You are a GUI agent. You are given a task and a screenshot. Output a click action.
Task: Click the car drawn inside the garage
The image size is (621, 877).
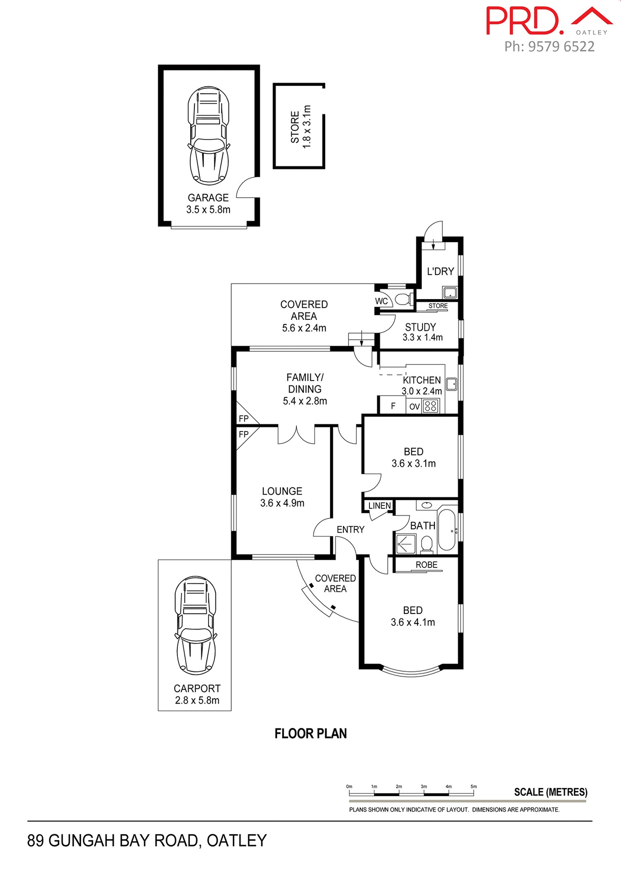[x=209, y=136]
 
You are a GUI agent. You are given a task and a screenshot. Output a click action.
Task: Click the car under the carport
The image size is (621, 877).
[x=196, y=625]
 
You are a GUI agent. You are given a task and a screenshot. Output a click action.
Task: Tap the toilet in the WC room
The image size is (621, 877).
[x=402, y=300]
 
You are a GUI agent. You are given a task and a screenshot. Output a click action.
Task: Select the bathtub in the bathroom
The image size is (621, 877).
[x=446, y=530]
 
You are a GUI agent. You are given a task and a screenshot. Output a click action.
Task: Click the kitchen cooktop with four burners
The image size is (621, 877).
[x=431, y=406]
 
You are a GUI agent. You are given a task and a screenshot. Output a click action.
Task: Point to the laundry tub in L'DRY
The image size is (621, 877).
[x=449, y=292]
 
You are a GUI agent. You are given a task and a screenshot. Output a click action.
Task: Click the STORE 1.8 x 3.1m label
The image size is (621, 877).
[x=300, y=127]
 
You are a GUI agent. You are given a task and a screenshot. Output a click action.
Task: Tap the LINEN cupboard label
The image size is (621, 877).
[x=380, y=506]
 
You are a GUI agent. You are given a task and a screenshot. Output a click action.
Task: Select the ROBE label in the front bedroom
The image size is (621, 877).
[x=426, y=565]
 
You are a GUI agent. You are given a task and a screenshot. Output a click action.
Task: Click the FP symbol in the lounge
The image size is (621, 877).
[x=244, y=434]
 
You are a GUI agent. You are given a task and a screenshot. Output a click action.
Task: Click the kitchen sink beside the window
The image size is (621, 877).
[x=451, y=384]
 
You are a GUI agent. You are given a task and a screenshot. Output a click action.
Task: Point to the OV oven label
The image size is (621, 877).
[x=414, y=407]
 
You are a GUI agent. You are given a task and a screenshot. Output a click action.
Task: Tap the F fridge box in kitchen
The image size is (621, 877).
[x=393, y=406]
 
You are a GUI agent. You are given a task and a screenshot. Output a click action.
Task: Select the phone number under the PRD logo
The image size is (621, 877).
[x=549, y=47]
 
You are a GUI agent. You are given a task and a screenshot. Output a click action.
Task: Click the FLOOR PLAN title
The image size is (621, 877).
[x=310, y=734]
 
